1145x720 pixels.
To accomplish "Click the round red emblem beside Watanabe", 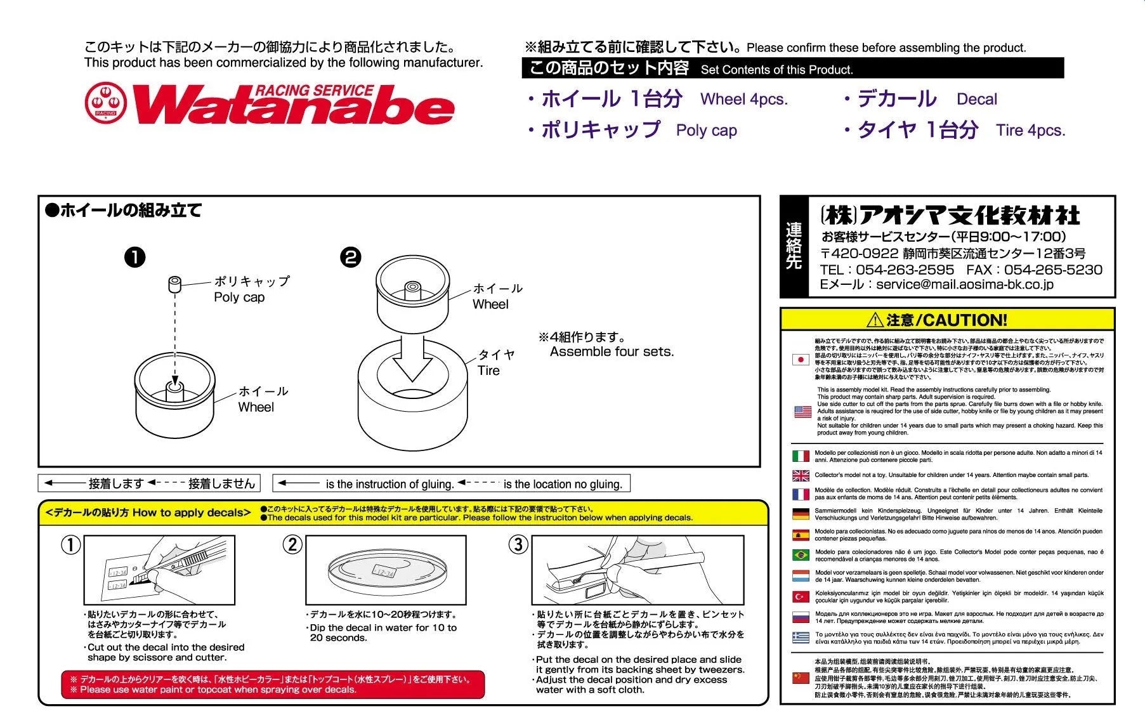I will (x=106, y=102).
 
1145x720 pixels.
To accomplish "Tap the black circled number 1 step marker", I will (x=134, y=257).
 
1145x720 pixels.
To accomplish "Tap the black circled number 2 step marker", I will (x=351, y=257).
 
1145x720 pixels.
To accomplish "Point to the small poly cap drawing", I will (x=174, y=284).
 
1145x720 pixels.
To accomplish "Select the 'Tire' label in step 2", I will (x=488, y=370).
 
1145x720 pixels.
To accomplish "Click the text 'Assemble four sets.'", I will (x=612, y=351).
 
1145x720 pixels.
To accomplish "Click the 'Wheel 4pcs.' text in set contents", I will (x=743, y=99).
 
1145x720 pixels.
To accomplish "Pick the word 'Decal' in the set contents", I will (x=976, y=99).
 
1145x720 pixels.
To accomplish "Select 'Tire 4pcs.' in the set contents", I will (x=1030, y=130).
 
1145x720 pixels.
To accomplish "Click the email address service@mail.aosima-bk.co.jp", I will (x=964, y=285).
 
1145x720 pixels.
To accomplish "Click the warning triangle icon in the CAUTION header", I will (x=875, y=320).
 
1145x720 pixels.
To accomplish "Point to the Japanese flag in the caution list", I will (x=801, y=359).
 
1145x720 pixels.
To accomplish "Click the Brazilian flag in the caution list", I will (x=801, y=555).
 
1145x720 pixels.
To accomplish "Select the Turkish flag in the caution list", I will (x=801, y=596).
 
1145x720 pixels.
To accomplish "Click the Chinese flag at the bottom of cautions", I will (x=801, y=677).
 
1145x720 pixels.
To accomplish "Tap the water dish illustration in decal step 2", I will (x=385, y=570).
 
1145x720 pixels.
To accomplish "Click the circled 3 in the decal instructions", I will (x=518, y=544).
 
